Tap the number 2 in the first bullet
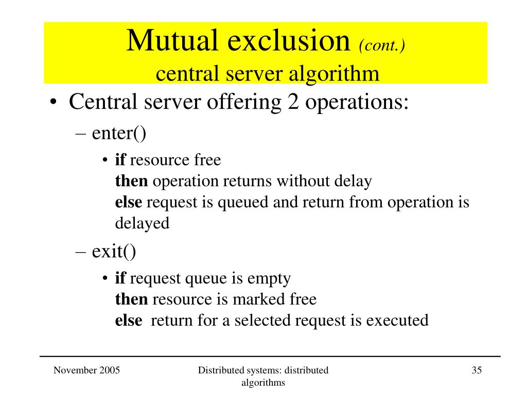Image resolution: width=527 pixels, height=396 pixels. click(x=291, y=102)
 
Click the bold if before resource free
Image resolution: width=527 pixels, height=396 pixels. click(x=120, y=160)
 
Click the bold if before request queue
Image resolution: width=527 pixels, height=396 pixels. click(x=120, y=278)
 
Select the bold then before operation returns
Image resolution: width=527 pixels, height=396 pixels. click(x=131, y=181)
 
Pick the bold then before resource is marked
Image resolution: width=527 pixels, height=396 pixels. click(x=131, y=299)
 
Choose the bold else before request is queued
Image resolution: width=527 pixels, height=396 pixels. click(x=128, y=202)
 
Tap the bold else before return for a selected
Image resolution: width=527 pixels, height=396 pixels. click(x=128, y=320)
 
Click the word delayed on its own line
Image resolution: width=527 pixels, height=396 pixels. click(x=142, y=223)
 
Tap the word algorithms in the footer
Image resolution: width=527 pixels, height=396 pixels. click(x=263, y=383)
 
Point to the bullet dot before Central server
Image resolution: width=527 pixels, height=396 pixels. click(x=54, y=103)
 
